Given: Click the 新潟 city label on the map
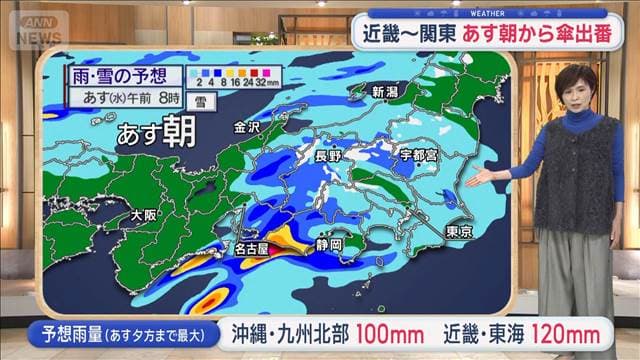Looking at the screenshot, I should click(385, 92).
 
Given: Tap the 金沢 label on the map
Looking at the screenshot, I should click(247, 127).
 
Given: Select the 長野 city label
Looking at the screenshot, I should click(328, 155).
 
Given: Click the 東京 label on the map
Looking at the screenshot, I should click(459, 231).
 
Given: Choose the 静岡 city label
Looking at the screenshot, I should click(329, 243).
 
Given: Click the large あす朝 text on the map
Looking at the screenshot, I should click(154, 133).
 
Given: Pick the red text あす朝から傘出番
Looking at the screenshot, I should click(547, 34).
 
